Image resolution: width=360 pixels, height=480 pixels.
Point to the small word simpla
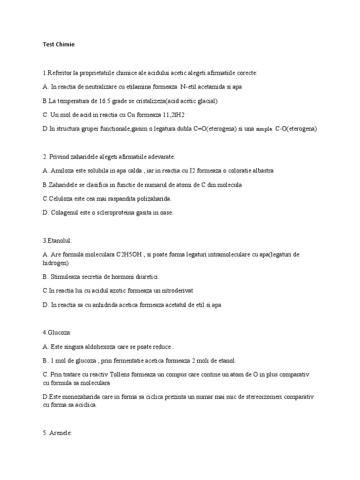point(264,129)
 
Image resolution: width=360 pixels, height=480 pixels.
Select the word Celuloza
point(62,199)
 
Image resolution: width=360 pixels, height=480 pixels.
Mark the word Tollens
point(121,375)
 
